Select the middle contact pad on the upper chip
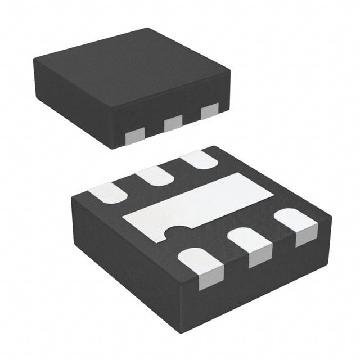click(x=173, y=122)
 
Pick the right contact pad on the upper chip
click(x=209, y=111)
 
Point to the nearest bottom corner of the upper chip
click(x=115, y=148)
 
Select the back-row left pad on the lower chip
click(x=108, y=192)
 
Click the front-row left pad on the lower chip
click(x=203, y=267)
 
